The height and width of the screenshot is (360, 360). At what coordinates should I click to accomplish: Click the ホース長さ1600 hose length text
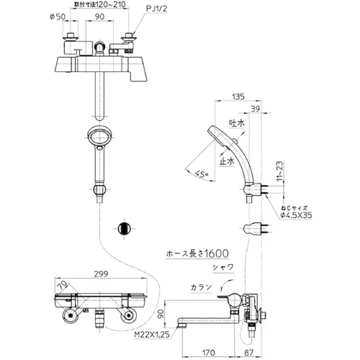click(197, 254)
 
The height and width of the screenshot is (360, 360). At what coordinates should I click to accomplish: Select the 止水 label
click(227, 161)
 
